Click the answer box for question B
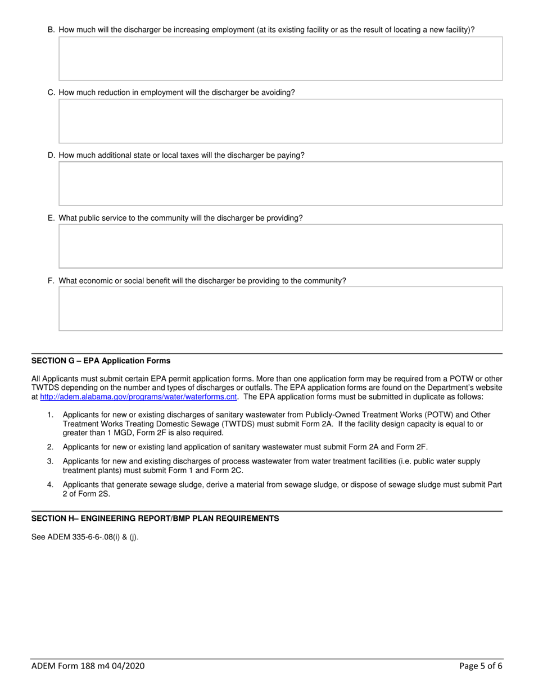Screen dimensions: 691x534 click(x=280, y=58)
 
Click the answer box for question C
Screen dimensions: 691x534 click(x=280, y=121)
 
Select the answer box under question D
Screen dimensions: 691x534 click(x=280, y=183)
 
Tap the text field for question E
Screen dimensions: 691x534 click(x=280, y=246)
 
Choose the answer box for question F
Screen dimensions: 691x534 click(x=280, y=308)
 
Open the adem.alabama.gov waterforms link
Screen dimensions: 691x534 click(x=138, y=397)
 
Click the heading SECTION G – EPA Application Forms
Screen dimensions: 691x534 click(x=101, y=361)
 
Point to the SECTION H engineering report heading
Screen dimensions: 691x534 click(x=155, y=519)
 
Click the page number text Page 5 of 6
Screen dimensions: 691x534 click(x=481, y=666)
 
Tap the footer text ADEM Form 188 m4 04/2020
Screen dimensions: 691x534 click(x=88, y=666)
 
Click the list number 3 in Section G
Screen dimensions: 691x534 click(x=50, y=461)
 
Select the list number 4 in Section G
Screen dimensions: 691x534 click(x=50, y=484)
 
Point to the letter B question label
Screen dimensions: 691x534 click(x=51, y=30)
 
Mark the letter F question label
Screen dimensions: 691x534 click(x=51, y=281)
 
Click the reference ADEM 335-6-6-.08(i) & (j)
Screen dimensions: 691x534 click(x=85, y=537)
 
